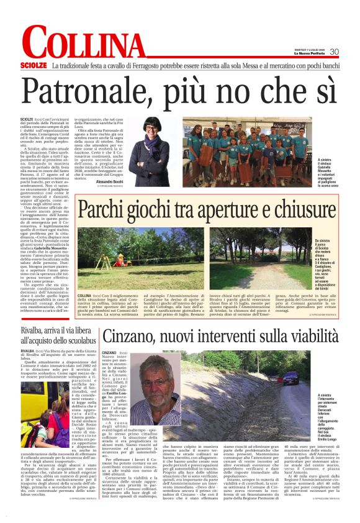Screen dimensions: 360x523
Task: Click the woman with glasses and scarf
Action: click(x=153, y=145)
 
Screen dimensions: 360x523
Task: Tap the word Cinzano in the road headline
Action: click(x=130, y=336)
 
